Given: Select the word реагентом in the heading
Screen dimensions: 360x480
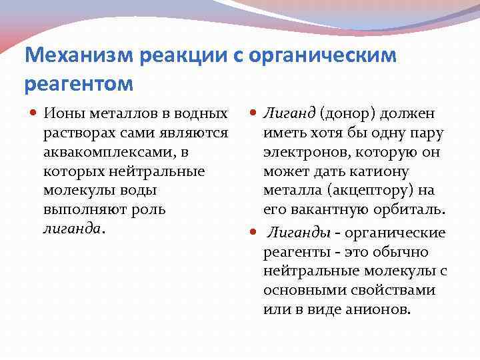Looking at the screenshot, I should coord(79,85).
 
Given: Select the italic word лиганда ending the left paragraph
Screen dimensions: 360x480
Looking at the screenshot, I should coord(72,229).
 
